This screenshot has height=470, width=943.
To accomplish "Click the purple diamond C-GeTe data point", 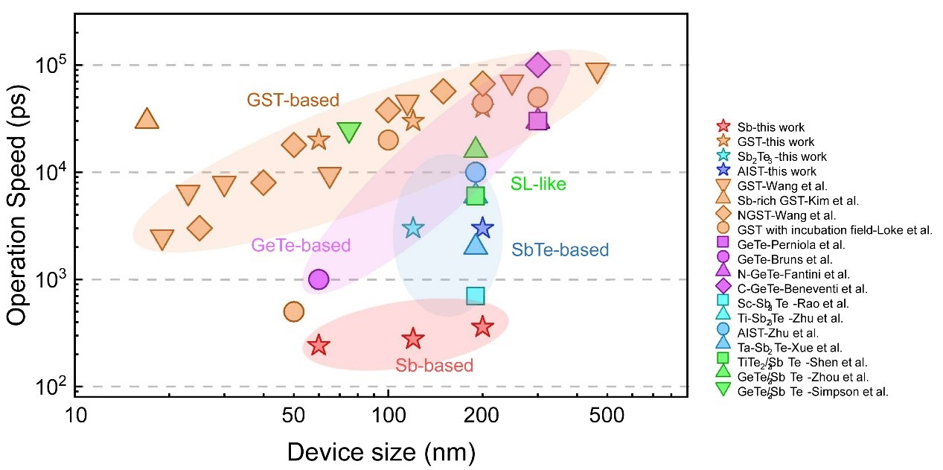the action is click(x=537, y=66).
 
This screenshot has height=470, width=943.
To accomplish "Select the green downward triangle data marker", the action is click(x=349, y=132).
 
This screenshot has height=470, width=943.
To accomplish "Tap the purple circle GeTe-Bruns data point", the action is click(x=319, y=279).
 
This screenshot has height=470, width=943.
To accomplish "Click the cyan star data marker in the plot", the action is click(x=413, y=228).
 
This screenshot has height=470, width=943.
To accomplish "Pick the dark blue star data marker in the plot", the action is click(x=482, y=228).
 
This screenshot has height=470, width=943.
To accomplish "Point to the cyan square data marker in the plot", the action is click(x=476, y=296).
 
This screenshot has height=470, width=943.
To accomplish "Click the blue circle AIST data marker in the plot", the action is click(x=476, y=172).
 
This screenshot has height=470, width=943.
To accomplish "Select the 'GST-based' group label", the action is click(x=293, y=100).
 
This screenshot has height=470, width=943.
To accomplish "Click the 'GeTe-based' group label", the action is click(x=301, y=245).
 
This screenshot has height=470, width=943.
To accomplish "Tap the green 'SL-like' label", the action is click(x=538, y=184).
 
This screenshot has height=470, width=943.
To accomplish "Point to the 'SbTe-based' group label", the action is click(x=560, y=250).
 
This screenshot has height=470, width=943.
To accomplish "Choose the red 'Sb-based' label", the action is click(x=434, y=365).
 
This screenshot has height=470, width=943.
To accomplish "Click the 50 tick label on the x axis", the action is click(x=293, y=416).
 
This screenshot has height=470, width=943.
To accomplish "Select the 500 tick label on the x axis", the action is click(x=606, y=416).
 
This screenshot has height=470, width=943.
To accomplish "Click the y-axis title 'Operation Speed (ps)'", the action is click(x=17, y=205).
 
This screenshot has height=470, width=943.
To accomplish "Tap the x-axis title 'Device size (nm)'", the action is click(x=381, y=453).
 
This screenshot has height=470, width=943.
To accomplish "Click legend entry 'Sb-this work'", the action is click(x=761, y=127).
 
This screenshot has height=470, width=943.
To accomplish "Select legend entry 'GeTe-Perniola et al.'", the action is click(x=781, y=245).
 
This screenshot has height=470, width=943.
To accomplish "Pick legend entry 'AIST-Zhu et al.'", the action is click(x=767, y=333).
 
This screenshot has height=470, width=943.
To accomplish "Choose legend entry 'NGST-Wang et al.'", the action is click(x=776, y=215).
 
